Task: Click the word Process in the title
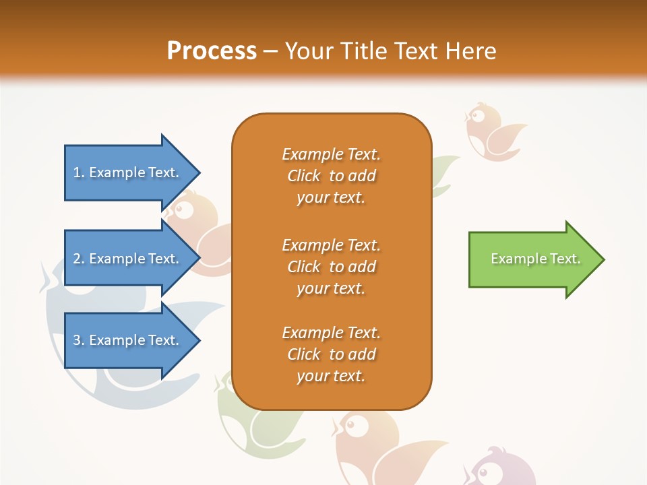[212, 51]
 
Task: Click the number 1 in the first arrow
[77, 172]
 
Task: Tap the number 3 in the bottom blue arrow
[77, 340]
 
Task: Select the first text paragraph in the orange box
[331, 176]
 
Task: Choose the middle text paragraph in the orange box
[331, 267]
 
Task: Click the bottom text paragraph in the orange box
[331, 354]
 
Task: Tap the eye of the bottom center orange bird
[357, 425]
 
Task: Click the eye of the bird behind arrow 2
[183, 208]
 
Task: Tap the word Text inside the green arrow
[565, 259]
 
